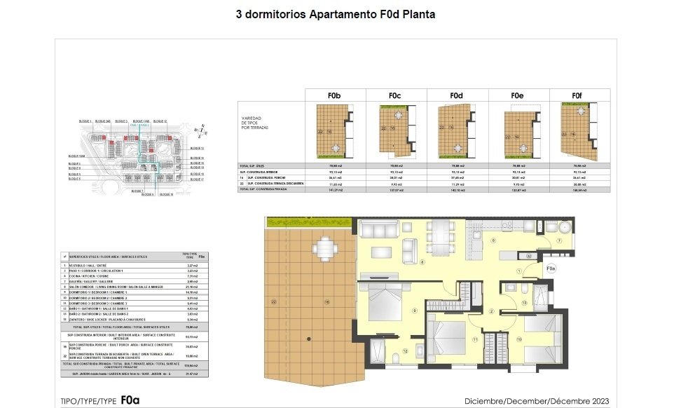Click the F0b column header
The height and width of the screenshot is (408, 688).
[335, 95]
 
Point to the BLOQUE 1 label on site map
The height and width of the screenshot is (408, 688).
[85, 121]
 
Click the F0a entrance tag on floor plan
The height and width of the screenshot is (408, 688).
[550, 268]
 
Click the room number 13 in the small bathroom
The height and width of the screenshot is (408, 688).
[524, 303]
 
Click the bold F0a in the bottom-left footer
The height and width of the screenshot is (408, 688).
[130, 401]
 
